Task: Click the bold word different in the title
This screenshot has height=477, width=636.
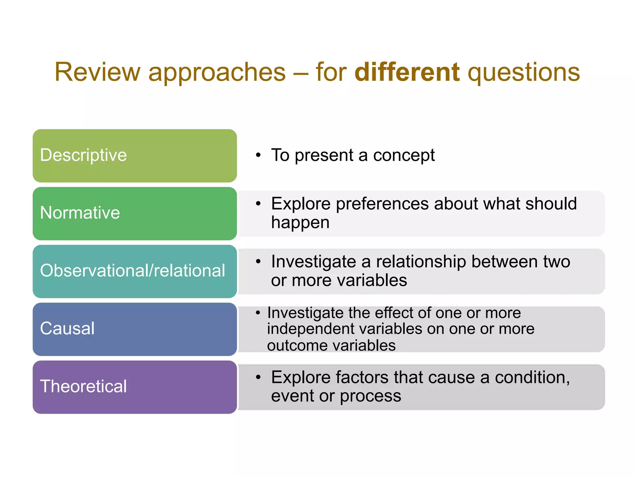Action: [407, 72]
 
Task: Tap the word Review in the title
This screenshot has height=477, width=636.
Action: [98, 72]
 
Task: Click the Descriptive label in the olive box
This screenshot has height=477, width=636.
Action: [83, 155]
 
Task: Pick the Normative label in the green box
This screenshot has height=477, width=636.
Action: [80, 213]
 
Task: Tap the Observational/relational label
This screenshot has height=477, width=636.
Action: [132, 270]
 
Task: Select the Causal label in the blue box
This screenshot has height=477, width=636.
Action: [67, 328]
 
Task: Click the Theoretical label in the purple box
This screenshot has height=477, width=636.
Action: [83, 386]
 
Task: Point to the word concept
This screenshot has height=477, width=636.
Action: [404, 155]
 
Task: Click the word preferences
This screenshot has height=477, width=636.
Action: [382, 204]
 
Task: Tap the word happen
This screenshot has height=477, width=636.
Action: [300, 223]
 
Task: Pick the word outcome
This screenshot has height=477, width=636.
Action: [297, 346]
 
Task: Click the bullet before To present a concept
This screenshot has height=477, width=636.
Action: [258, 155]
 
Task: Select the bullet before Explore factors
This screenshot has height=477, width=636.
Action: [258, 377]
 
